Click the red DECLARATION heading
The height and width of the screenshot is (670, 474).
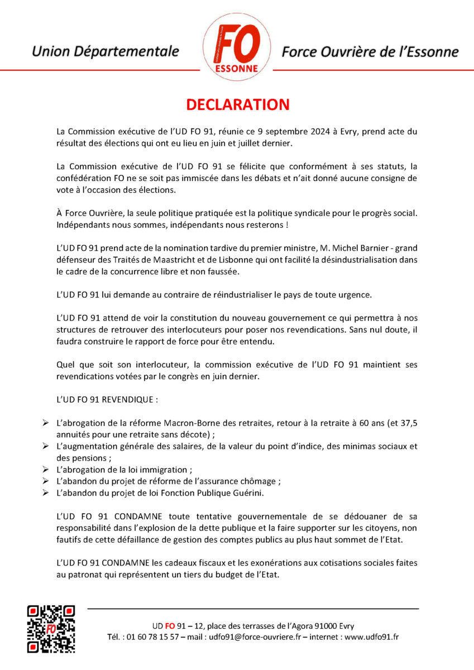tap(237, 105)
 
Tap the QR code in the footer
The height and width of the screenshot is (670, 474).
tap(51, 629)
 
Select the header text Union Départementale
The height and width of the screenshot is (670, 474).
tap(106, 52)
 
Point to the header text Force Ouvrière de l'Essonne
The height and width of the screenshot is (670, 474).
tap(370, 52)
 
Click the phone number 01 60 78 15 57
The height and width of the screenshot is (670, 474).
tap(152, 637)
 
